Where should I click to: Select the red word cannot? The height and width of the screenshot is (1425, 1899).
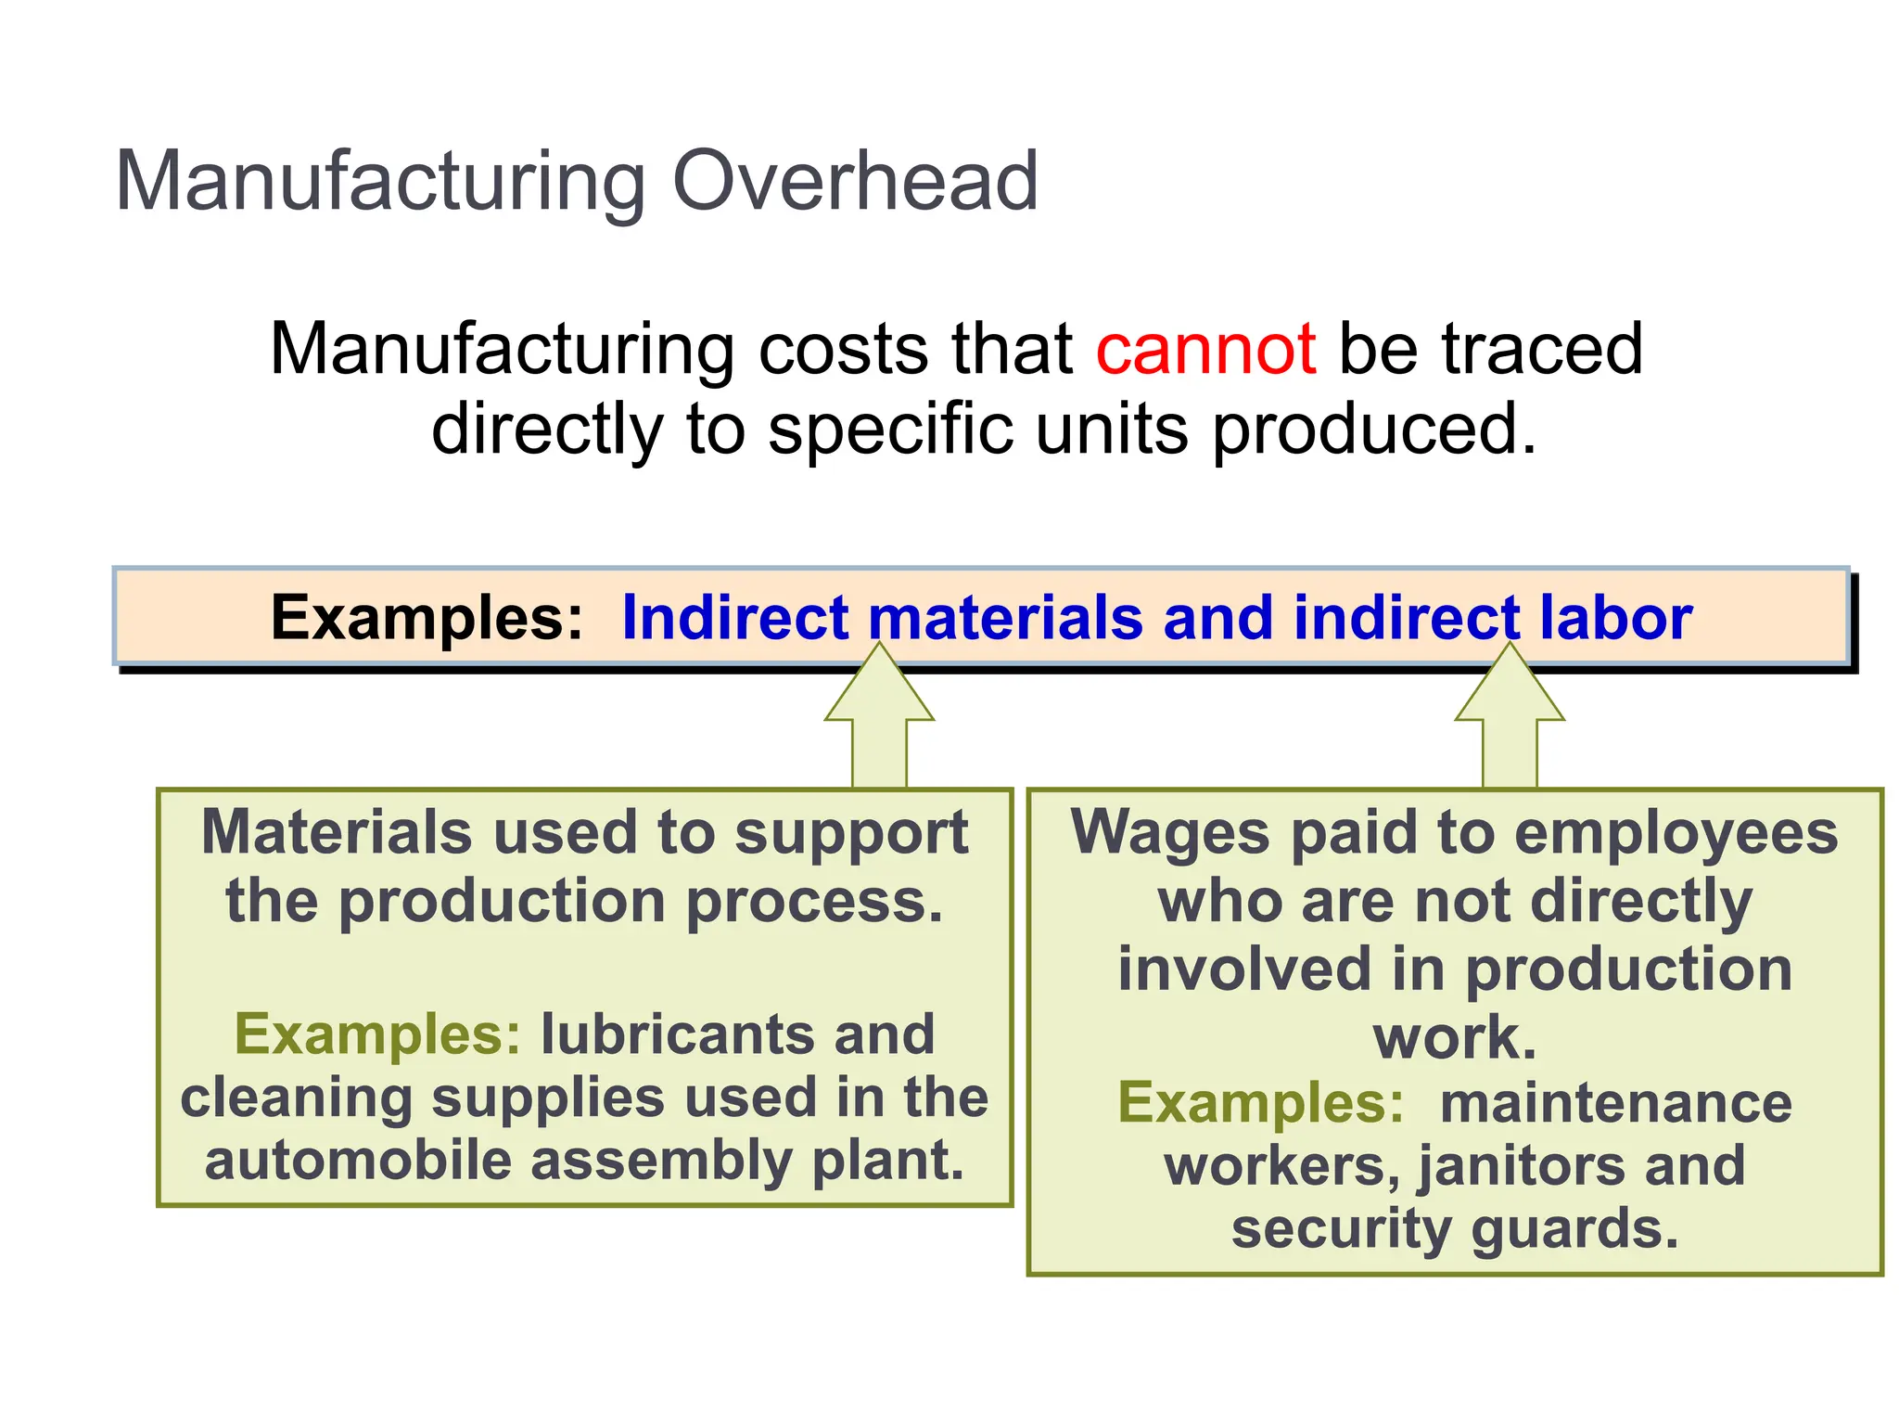tap(1204, 349)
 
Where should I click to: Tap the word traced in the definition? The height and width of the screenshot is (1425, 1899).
tap(1542, 349)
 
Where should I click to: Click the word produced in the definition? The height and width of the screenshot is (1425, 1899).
tap(1373, 430)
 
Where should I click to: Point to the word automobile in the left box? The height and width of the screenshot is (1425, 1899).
tap(357, 1161)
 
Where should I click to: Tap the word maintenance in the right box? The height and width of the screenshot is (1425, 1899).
tap(1615, 1103)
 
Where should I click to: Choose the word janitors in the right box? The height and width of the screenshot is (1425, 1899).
tap(1522, 1166)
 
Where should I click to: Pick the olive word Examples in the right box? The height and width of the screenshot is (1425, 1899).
tap(1261, 1103)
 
